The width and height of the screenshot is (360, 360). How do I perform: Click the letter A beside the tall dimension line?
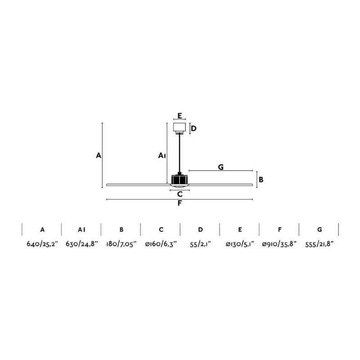click(x=99, y=155)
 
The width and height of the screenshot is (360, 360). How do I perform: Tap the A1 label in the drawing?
click(x=162, y=156)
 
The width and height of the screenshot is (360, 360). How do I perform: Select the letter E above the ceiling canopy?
click(x=180, y=116)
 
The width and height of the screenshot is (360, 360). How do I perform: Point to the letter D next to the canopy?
click(x=193, y=129)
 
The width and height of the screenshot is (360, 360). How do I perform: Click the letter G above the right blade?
click(x=220, y=167)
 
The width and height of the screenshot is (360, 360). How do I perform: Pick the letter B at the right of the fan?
click(x=261, y=180)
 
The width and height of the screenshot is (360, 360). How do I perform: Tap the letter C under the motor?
click(x=180, y=194)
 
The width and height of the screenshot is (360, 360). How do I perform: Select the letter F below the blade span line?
click(x=180, y=203)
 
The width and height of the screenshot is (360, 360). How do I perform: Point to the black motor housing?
click(x=180, y=179)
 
